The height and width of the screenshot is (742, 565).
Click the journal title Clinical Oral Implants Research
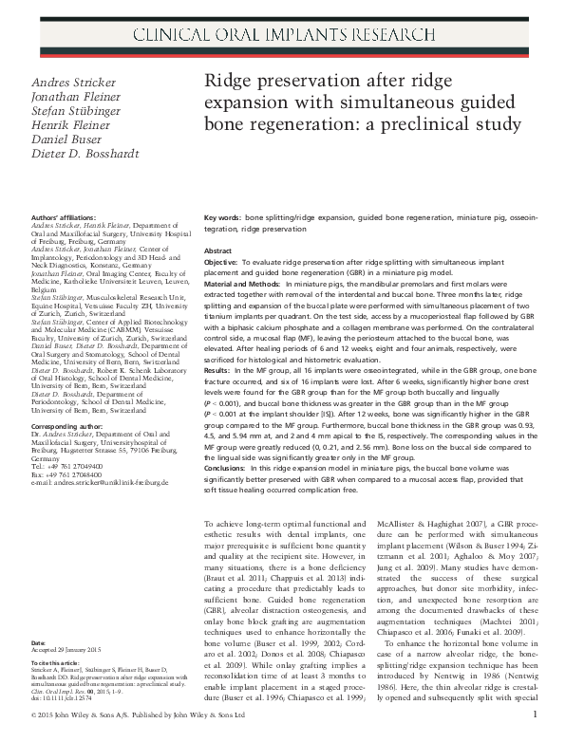point(282,36)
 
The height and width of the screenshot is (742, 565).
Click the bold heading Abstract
point(220,250)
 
